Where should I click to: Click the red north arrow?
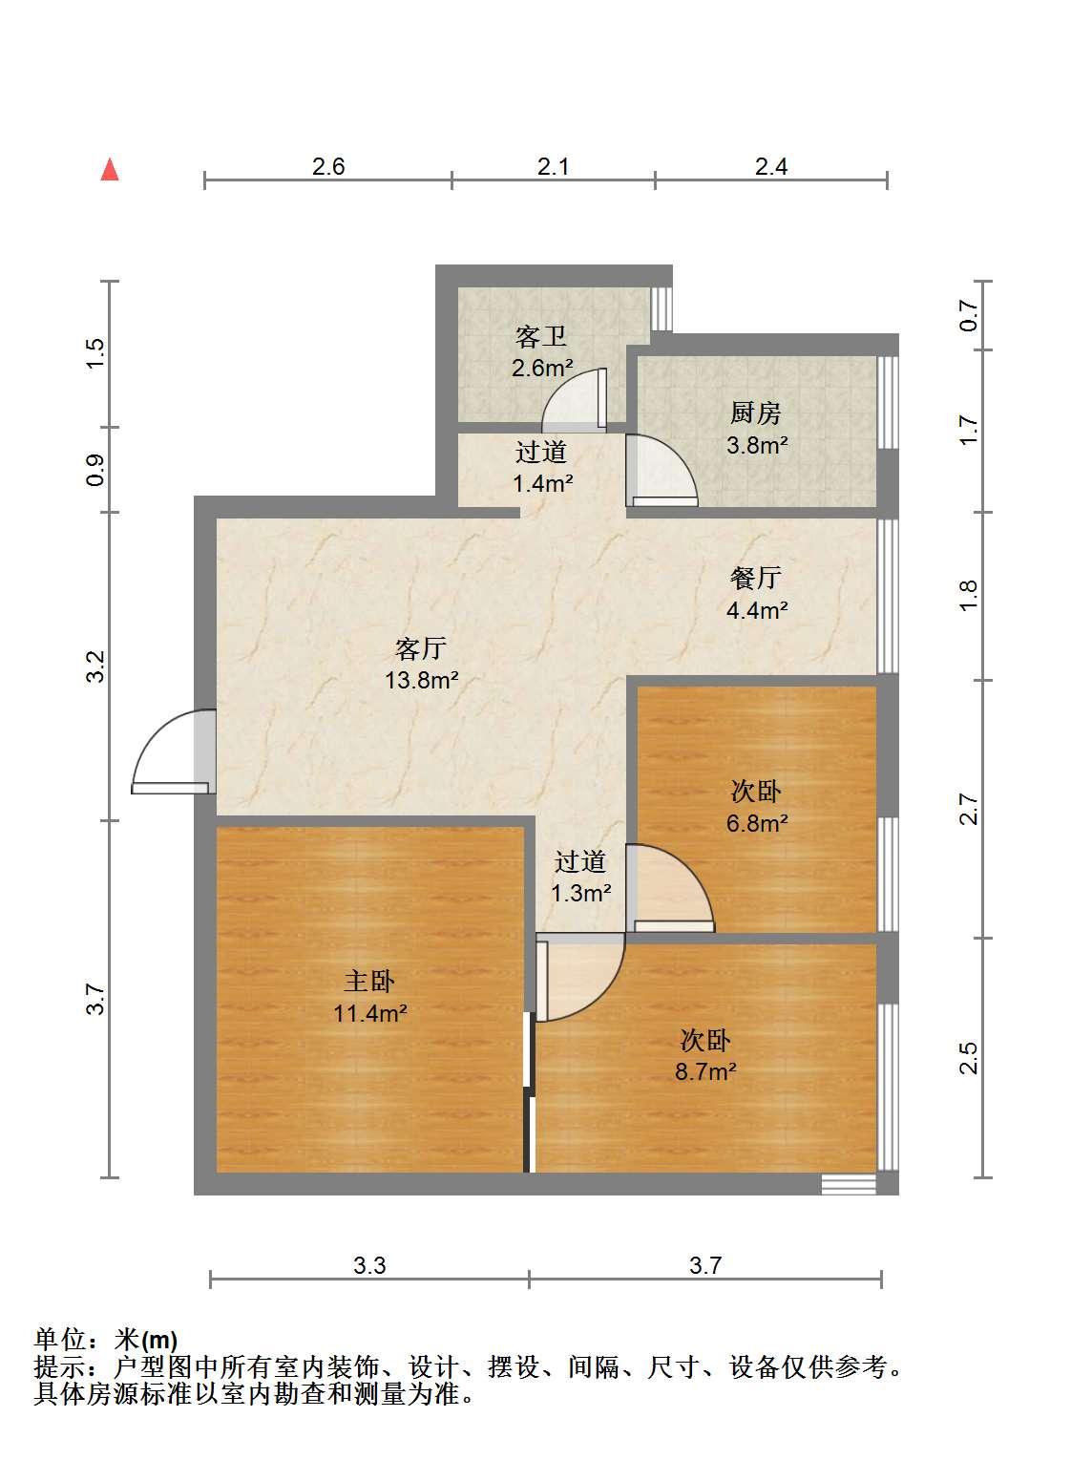110,170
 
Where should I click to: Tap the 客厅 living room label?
421,648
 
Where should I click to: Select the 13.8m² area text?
422,681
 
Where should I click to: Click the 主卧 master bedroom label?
369,981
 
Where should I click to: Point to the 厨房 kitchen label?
756,413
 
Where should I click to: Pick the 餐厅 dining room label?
756,578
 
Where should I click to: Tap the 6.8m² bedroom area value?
757,823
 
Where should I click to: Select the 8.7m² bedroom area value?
705,1071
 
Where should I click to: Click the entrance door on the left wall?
174,751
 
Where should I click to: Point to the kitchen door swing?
661,470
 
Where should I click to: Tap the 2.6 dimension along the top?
328,166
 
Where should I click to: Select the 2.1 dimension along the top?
553,166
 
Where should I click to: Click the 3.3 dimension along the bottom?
369,1265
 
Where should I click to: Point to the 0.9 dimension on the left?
95,470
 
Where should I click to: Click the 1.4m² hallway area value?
542,483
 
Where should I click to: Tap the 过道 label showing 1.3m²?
581,861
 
